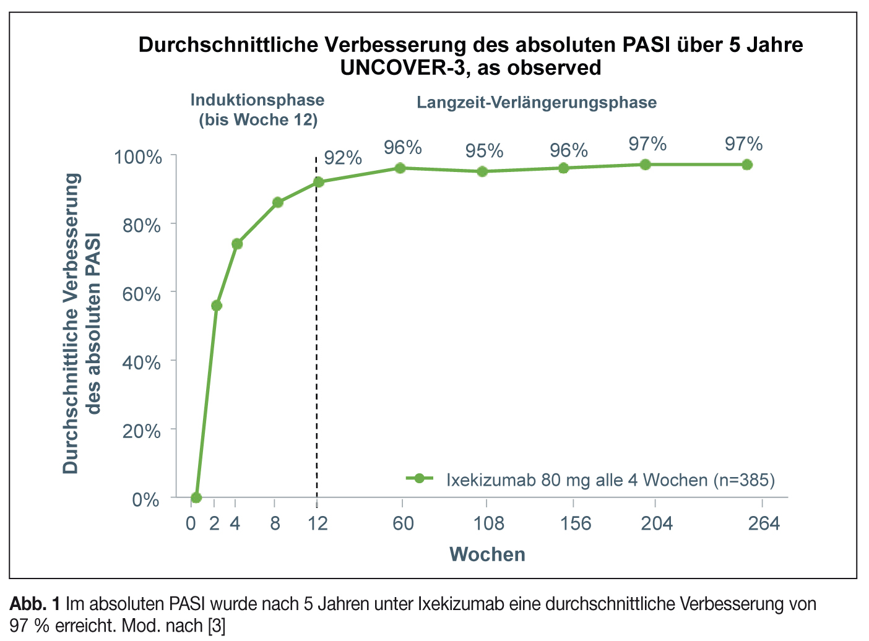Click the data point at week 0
click(x=196, y=497)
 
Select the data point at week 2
click(x=217, y=306)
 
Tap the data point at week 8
click(x=278, y=202)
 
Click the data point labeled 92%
click(x=319, y=182)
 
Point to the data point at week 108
click(x=483, y=171)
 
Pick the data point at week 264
click(x=747, y=165)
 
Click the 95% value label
click(x=485, y=151)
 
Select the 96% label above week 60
click(x=403, y=148)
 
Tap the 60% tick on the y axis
click(x=142, y=293)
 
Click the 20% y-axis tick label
click(x=142, y=431)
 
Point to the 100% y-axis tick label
click(x=138, y=157)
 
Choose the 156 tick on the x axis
click(x=576, y=524)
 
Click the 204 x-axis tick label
click(x=657, y=524)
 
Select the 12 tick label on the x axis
click(x=318, y=524)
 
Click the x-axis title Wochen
click(x=487, y=554)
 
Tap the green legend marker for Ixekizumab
click(x=420, y=478)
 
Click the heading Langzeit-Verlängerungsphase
click(x=537, y=103)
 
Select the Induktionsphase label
click(x=257, y=100)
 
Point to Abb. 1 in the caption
click(x=35, y=603)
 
